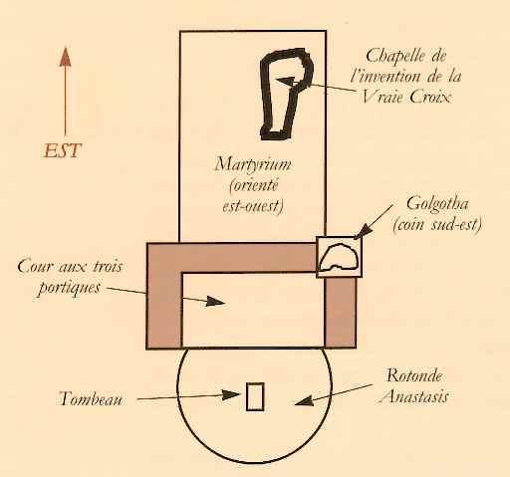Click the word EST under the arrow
tap(63, 151)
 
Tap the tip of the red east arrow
tap(65, 48)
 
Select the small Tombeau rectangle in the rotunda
tap(255, 396)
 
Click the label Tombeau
tap(91, 398)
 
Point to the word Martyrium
tap(253, 164)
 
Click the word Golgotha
tap(437, 203)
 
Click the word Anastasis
tap(414, 396)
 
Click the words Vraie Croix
tap(405, 97)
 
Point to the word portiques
tap(69, 288)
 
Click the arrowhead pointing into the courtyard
tap(215, 301)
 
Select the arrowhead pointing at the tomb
tap(230, 394)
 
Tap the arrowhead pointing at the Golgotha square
tap(361, 231)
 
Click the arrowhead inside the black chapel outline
tap(285, 82)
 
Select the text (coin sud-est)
tap(437, 225)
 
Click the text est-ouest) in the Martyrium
tap(253, 206)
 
